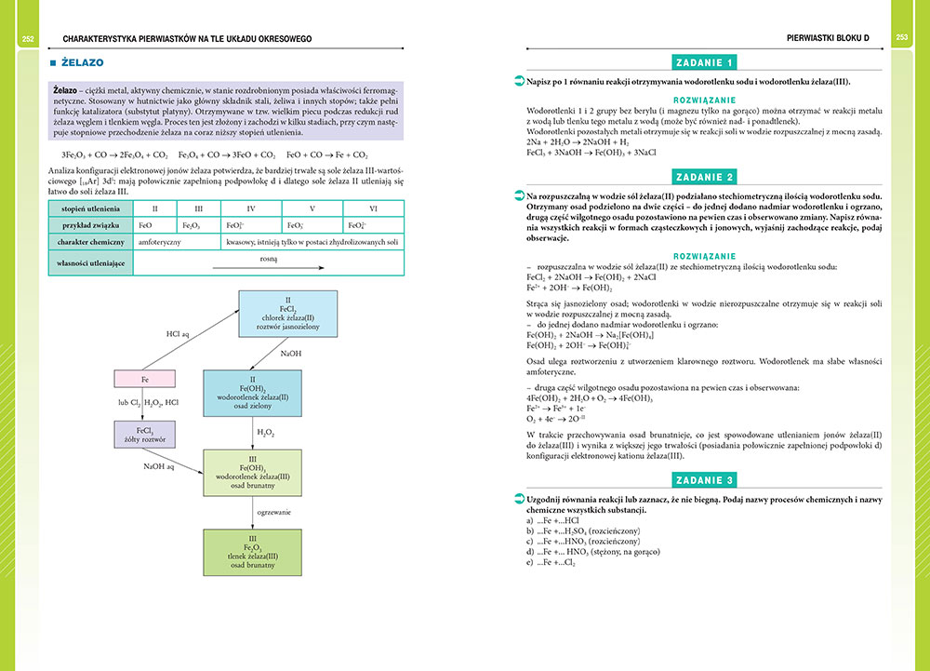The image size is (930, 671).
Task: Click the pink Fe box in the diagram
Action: pos(144,379)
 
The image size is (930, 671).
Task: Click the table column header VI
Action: pos(374,208)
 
